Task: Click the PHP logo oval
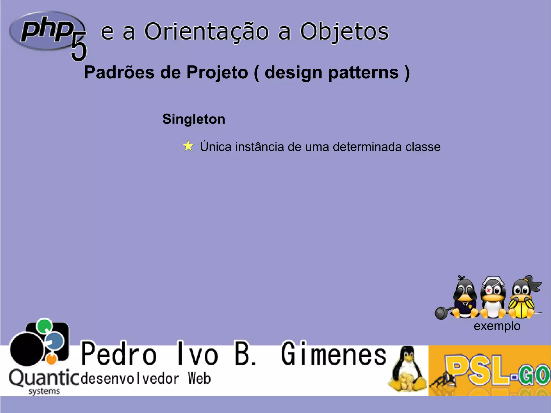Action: [x=46, y=30]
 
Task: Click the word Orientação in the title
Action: [x=206, y=32]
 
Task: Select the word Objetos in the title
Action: [x=344, y=32]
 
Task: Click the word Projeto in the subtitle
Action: [x=217, y=73]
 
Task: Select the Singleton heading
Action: [x=194, y=119]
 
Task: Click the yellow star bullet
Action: [x=188, y=146]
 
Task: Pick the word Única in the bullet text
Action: [x=216, y=147]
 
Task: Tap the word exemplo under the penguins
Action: [x=497, y=326]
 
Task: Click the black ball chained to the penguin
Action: [x=441, y=313]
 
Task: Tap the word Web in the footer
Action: [x=199, y=378]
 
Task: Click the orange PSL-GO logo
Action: [x=490, y=370]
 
